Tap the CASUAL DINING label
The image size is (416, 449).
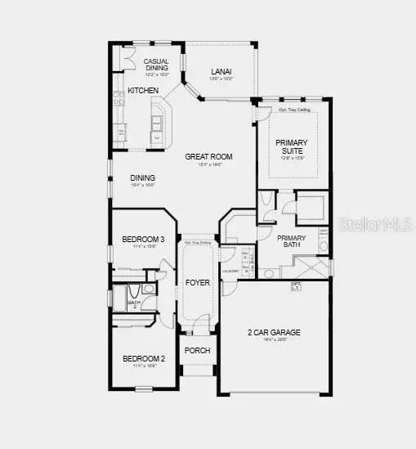(x=156, y=65)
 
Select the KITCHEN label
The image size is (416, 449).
(x=142, y=90)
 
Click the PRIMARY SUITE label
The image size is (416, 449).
(x=292, y=145)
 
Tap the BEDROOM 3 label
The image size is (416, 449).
(x=144, y=239)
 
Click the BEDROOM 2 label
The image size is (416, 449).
(x=144, y=358)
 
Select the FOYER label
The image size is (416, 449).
(x=198, y=282)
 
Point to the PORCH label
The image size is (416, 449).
(x=198, y=350)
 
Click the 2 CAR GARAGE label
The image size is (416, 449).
(x=274, y=332)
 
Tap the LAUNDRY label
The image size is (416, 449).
(x=230, y=271)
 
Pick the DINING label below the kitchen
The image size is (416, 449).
(x=143, y=178)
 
